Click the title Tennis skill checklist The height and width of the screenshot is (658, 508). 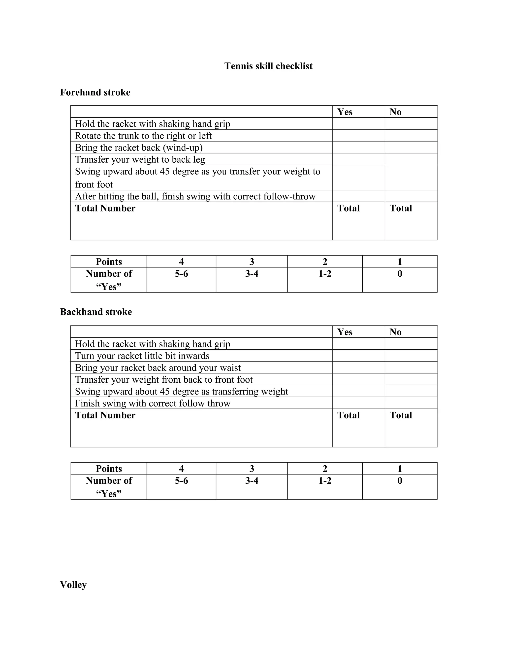click(268, 66)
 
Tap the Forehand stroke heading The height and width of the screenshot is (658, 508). click(95, 92)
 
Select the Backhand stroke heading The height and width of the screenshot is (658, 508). click(96, 312)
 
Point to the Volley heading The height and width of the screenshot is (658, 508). click(73, 585)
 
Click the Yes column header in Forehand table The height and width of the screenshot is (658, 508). click(345, 112)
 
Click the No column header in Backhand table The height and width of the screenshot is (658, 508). click(395, 332)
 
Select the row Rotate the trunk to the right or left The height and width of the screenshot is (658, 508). click(143, 136)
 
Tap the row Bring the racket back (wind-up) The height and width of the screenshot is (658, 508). click(139, 148)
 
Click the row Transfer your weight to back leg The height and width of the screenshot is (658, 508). click(140, 159)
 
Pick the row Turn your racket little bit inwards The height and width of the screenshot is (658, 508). click(142, 356)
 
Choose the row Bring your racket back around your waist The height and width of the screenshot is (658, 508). click(158, 367)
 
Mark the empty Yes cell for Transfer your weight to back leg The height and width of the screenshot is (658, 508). click(358, 159)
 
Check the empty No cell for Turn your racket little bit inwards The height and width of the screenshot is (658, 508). click(411, 356)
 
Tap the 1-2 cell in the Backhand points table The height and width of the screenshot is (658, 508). click(325, 480)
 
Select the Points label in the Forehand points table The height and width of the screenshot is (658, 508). click(109, 261)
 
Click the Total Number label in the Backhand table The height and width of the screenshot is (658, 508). click(105, 415)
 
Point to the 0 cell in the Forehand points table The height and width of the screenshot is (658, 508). click(399, 274)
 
